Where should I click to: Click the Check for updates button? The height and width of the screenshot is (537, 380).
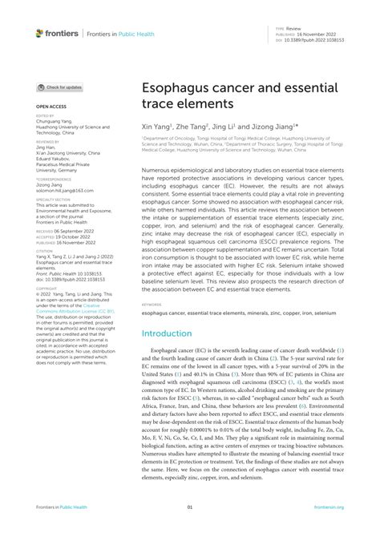(x=60, y=87)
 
